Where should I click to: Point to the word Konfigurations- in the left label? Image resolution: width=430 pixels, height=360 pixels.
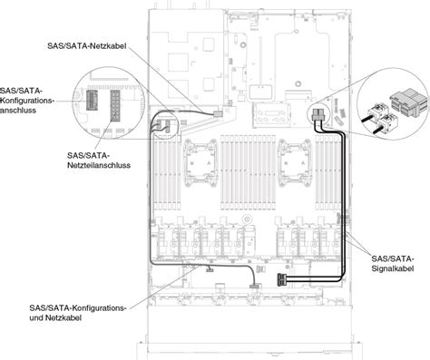tap(28, 101)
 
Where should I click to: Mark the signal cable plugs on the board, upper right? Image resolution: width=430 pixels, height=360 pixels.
tap(319, 116)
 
